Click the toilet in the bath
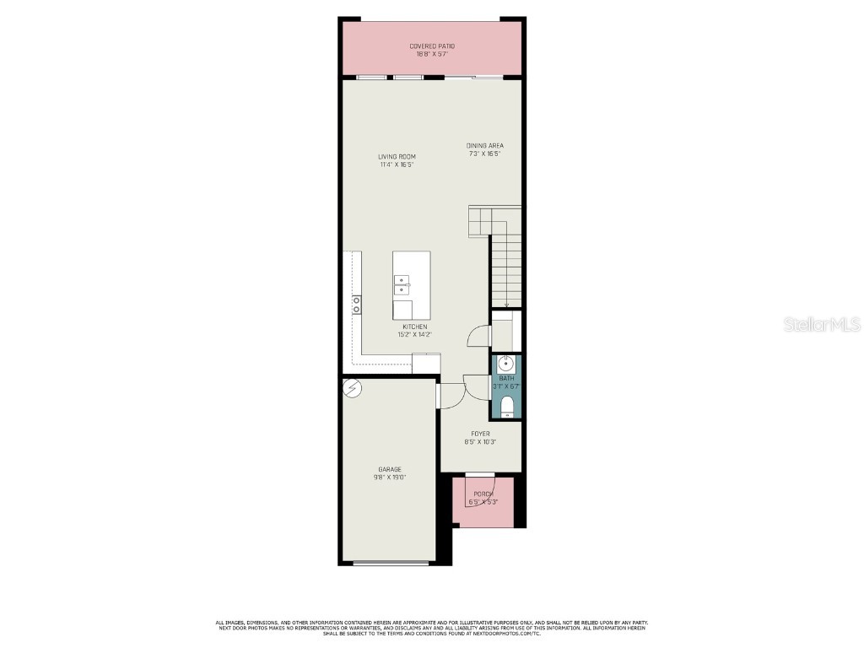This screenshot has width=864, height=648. click(506, 408)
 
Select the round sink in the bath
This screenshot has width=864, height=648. click(506, 364)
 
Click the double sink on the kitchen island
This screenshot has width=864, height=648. click(402, 285)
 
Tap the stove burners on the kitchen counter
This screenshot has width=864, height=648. click(357, 304)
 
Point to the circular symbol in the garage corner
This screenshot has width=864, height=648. click(352, 388)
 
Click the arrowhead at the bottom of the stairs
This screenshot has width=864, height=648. click(506, 306)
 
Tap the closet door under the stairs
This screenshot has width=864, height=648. click(479, 336)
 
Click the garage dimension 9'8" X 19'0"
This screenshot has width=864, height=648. click(390, 478)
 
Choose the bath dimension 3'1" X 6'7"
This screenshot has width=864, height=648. click(506, 386)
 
